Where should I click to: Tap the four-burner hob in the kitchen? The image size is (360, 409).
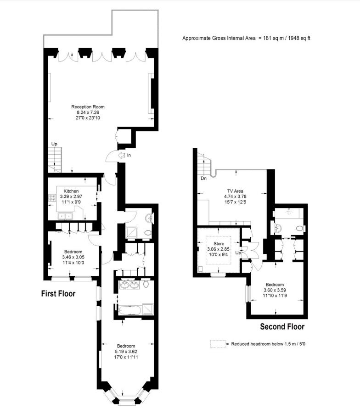click(x=51, y=199)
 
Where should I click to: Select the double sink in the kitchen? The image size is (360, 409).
click(x=65, y=215)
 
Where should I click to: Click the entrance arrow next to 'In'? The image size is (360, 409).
click(x=123, y=156)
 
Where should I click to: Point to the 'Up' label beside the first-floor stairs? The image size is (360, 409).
click(x=54, y=144)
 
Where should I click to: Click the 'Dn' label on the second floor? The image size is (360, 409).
click(x=203, y=178)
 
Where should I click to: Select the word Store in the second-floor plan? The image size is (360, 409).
click(x=219, y=243)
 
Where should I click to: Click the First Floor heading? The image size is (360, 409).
click(x=58, y=293)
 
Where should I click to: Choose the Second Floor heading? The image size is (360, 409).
click(x=282, y=327)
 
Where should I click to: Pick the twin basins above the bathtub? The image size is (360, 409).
click(x=129, y=285)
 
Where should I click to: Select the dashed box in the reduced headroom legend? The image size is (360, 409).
click(x=217, y=344)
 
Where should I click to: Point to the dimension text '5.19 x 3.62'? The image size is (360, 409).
click(x=125, y=351)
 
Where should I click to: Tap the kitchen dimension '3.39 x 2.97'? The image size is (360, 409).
click(x=71, y=196)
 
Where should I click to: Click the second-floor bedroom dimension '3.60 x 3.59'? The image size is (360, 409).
click(x=274, y=290)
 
